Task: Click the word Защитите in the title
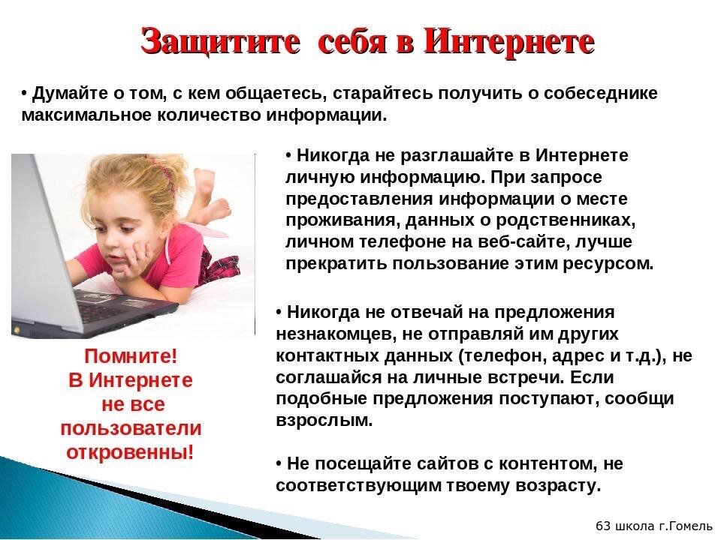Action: click(x=220, y=42)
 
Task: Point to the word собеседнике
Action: click(x=601, y=93)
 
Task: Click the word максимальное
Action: click(x=86, y=115)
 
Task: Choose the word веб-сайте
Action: click(x=523, y=242)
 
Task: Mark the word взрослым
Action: click(x=324, y=421)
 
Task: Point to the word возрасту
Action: click(x=558, y=486)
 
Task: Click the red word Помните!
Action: click(x=131, y=357)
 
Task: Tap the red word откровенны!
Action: click(x=130, y=452)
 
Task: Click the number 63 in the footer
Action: click(x=603, y=525)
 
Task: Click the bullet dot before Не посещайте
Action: click(x=279, y=464)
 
